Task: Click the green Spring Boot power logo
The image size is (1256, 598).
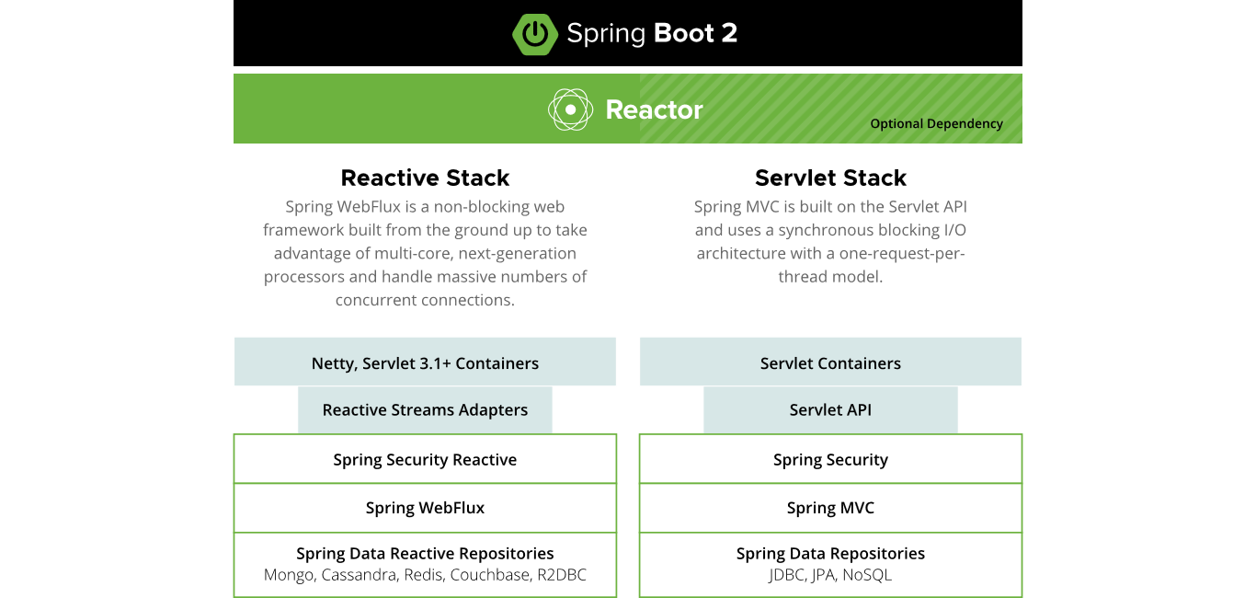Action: click(x=534, y=34)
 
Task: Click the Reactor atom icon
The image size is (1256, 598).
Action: click(x=570, y=109)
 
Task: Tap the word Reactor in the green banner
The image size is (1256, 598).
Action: click(x=654, y=110)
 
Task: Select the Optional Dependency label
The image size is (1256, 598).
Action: click(x=936, y=124)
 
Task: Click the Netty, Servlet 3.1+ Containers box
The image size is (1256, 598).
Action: click(x=425, y=363)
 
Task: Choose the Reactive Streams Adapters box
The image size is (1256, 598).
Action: click(x=425, y=410)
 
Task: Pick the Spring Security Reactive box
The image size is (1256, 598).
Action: click(x=425, y=460)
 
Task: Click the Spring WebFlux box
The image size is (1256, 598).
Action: click(x=425, y=508)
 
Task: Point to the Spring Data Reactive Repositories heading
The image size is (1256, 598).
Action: click(x=425, y=554)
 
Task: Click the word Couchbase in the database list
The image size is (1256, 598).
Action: click(x=495, y=576)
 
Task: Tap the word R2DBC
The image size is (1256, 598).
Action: click(x=562, y=576)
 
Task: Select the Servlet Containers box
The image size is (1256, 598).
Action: click(x=830, y=363)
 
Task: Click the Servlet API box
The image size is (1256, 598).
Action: click(x=830, y=410)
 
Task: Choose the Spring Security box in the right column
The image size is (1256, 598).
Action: click(x=830, y=460)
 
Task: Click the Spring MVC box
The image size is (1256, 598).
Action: click(x=830, y=508)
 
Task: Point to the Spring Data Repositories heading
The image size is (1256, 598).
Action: click(x=830, y=554)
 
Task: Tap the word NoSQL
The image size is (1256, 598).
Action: click(x=867, y=576)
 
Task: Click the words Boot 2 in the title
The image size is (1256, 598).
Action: click(x=695, y=34)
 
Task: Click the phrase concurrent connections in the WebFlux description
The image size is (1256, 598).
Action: click(x=425, y=301)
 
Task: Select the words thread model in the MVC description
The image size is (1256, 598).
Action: click(x=830, y=277)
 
